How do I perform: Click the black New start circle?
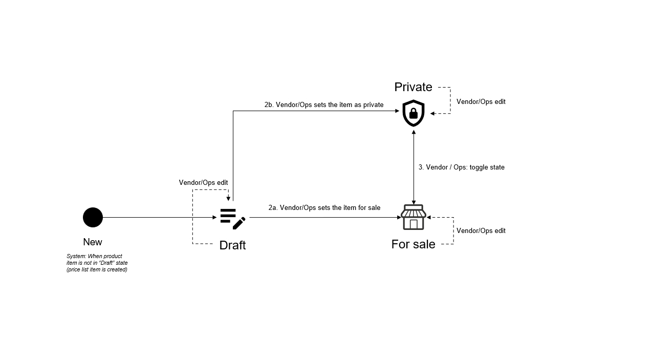click(93, 218)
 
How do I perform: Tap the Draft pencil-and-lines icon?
click(233, 219)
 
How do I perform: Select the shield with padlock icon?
click(413, 113)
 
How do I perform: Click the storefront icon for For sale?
click(413, 218)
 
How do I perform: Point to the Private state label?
click(413, 87)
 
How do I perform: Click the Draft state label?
click(232, 245)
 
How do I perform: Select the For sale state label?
click(413, 244)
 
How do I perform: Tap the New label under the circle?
click(93, 242)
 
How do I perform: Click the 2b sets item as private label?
click(324, 105)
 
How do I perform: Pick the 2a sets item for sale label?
click(324, 207)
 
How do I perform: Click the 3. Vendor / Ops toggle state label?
click(462, 167)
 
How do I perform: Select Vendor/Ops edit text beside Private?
click(481, 102)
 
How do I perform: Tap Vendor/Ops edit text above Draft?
click(203, 183)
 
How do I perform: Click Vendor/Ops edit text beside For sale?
click(481, 231)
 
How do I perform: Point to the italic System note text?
click(97, 263)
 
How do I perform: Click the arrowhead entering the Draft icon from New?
click(215, 218)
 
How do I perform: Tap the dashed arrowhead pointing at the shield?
click(432, 114)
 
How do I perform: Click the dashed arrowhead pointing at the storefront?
click(429, 218)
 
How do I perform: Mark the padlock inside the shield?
click(413, 114)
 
